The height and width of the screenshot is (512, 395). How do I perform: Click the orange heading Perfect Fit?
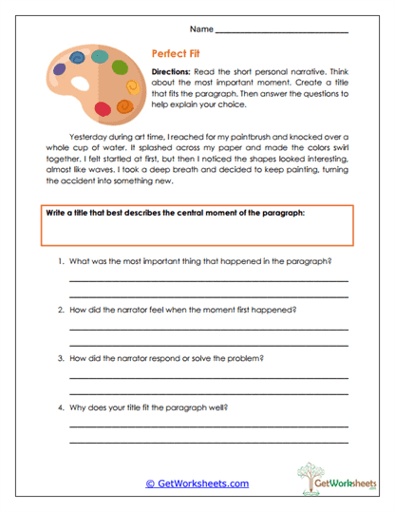(x=177, y=55)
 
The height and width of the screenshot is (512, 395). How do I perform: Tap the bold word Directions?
(x=172, y=72)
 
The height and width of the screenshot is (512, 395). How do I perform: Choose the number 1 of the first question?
(x=61, y=260)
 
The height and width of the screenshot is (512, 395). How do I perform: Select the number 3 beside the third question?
(x=61, y=358)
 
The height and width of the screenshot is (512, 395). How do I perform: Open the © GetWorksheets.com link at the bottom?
(x=197, y=484)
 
